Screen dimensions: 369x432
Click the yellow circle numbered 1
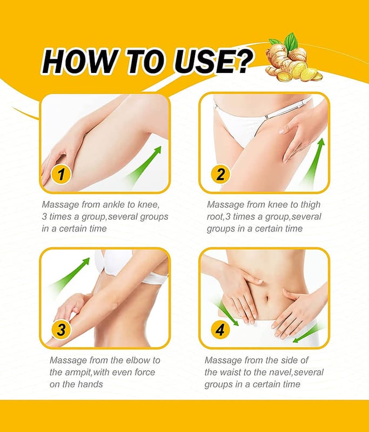tap(61, 174)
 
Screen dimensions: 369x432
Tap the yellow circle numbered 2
tap(220, 174)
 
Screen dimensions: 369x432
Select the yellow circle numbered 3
tap(61, 330)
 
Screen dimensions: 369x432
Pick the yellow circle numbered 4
tap(220, 330)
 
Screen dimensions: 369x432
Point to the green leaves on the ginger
tap(286, 42)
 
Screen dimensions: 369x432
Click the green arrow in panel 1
tap(144, 165)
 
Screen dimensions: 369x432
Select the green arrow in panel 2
tap(313, 163)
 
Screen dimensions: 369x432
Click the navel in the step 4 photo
tap(265, 299)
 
